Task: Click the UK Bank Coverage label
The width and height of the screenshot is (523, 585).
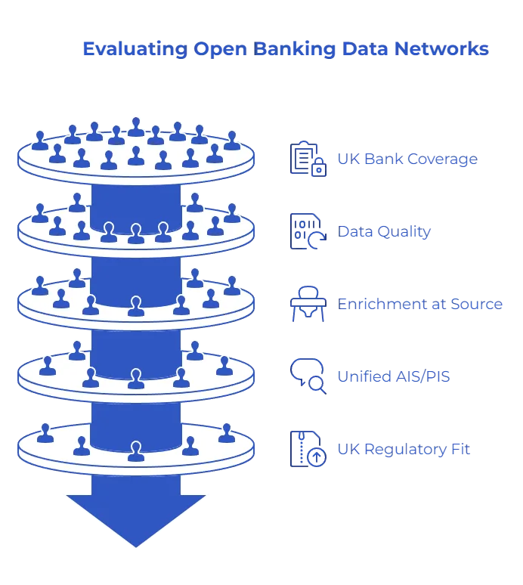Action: point(407,159)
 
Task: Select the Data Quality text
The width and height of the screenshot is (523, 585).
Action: point(385,232)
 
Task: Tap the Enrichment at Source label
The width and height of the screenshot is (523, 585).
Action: point(420,305)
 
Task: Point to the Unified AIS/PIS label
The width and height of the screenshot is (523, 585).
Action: point(394,376)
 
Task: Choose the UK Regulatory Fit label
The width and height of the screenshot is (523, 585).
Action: point(404,450)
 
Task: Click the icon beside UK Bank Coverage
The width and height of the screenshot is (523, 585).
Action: point(308,159)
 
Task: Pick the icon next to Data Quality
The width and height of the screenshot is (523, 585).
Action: point(308,232)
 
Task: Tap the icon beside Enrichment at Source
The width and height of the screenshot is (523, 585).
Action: point(308,305)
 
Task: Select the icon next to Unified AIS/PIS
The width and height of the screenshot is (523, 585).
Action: point(308,377)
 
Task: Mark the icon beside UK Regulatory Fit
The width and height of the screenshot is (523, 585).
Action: point(308,450)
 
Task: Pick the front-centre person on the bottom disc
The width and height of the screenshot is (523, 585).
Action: point(136,451)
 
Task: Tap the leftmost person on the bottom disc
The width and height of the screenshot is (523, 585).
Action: point(45,432)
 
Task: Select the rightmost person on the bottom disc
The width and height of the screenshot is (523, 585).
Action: point(226,432)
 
